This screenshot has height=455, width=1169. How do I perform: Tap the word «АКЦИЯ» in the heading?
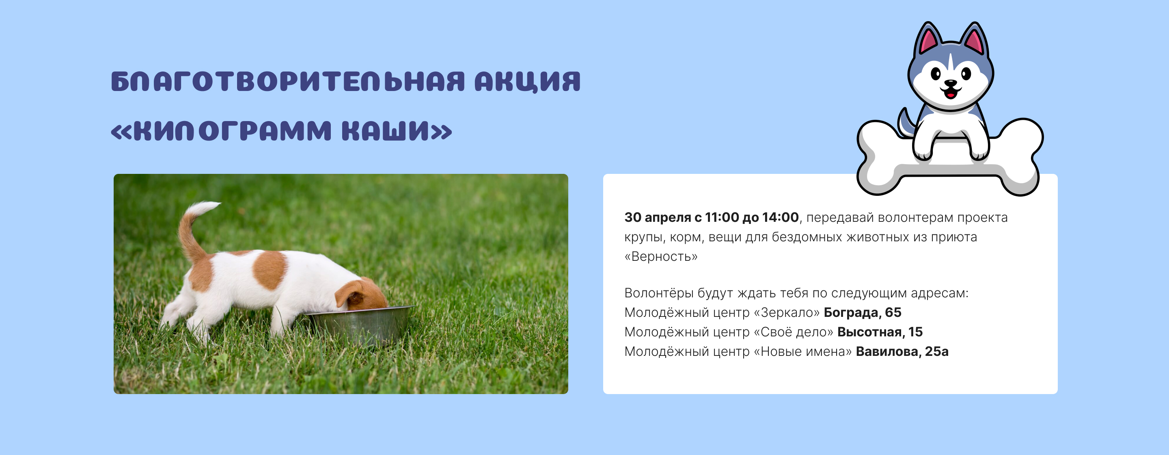528,82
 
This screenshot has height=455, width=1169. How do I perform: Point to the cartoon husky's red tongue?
950,95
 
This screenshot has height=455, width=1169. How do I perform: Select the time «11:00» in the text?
722,217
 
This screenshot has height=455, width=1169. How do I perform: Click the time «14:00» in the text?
781,217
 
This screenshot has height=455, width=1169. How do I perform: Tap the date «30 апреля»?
658,217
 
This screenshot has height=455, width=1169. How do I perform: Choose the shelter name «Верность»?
661,257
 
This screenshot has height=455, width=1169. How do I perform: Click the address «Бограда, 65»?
863,312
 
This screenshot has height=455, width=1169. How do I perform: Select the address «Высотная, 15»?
880,332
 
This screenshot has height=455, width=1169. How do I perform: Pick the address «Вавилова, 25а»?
902,351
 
